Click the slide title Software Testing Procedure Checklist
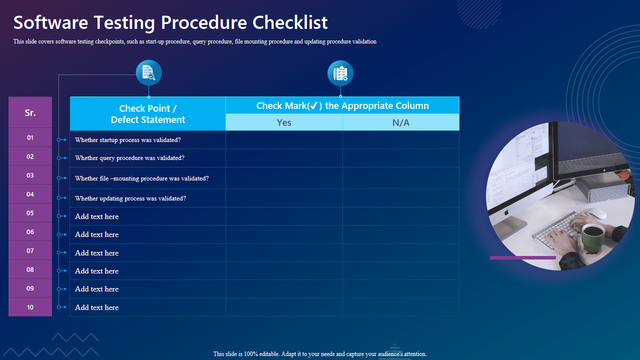pyautogui.click(x=170, y=23)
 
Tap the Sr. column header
pyautogui.click(x=30, y=112)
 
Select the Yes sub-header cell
pyautogui.click(x=284, y=122)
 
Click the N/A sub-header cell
pyautogui.click(x=401, y=122)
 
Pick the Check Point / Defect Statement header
pyautogui.click(x=148, y=114)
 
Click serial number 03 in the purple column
pyautogui.click(x=30, y=175)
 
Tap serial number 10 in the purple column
pyautogui.click(x=30, y=307)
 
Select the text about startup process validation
pyautogui.click(x=128, y=140)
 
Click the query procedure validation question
pyautogui.click(x=129, y=158)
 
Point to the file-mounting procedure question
pyautogui.click(x=142, y=178)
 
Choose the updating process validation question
pyautogui.click(x=130, y=198)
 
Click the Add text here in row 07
pyautogui.click(x=97, y=253)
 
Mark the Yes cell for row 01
pyautogui.click(x=284, y=140)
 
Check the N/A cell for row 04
pyautogui.click(x=401, y=198)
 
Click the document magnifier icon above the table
pyautogui.click(x=149, y=73)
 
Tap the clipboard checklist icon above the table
pyautogui.click(x=340, y=73)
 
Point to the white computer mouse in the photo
pyautogui.click(x=597, y=213)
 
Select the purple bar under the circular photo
pyautogui.click(x=522, y=258)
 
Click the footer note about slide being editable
pyautogui.click(x=320, y=354)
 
